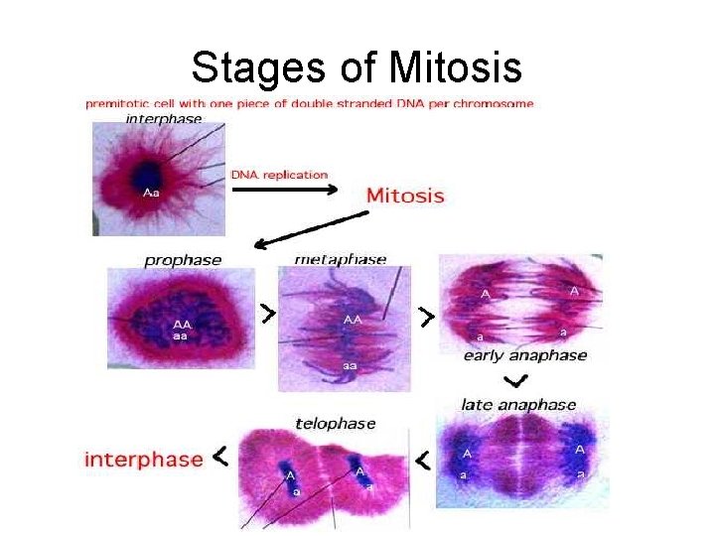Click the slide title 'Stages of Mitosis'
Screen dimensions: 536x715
click(x=357, y=68)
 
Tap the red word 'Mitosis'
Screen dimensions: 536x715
click(x=405, y=195)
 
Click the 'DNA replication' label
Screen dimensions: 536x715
click(x=279, y=175)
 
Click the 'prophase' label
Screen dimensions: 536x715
click(x=183, y=260)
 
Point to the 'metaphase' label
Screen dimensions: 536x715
click(x=341, y=259)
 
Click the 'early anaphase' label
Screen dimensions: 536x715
click(x=525, y=355)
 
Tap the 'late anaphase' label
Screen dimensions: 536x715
click(x=518, y=404)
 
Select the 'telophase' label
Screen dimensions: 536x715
click(x=336, y=423)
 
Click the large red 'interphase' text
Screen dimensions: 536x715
click(x=144, y=460)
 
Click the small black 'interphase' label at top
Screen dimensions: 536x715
click(x=164, y=118)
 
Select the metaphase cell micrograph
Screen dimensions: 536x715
click(x=344, y=328)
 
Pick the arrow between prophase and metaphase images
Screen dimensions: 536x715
click(x=266, y=315)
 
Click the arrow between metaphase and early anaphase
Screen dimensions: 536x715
click(x=425, y=318)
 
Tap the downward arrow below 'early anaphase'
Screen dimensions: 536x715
click(x=515, y=381)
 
